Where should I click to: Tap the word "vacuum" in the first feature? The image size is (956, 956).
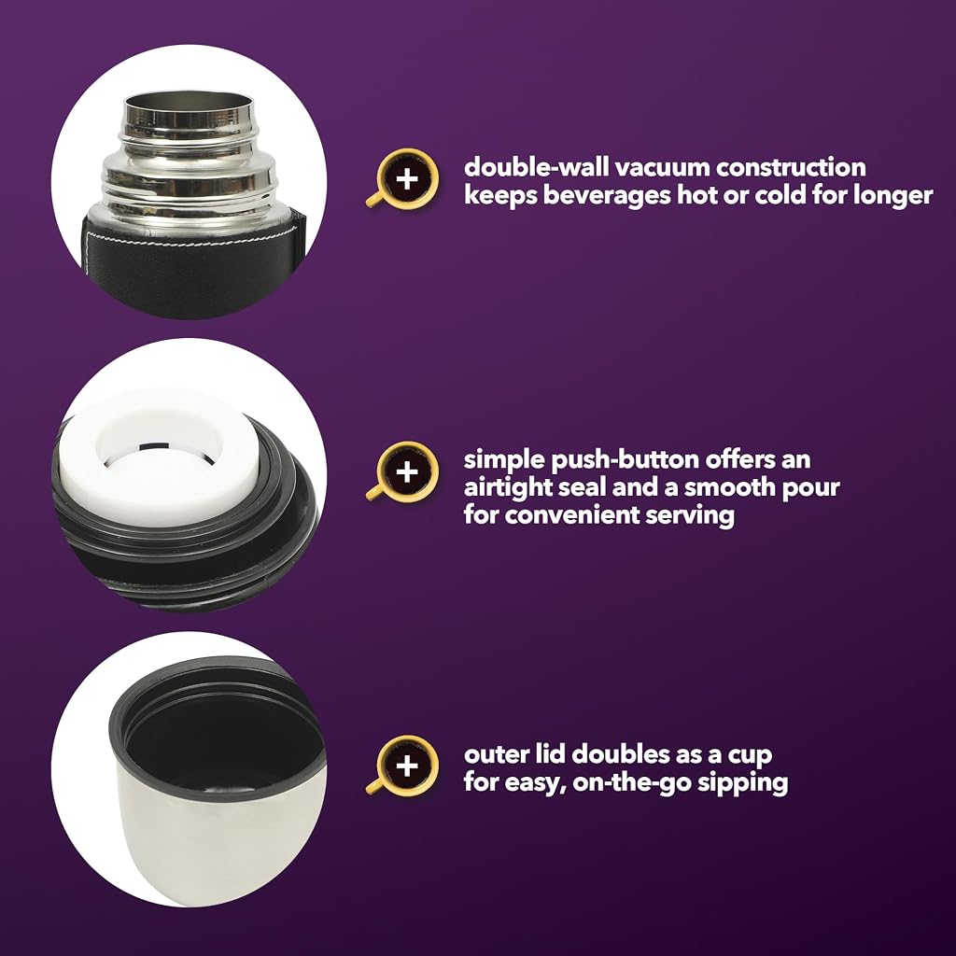click(661, 168)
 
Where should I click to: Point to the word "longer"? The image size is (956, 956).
click(893, 196)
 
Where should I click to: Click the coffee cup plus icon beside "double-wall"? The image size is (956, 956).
click(403, 178)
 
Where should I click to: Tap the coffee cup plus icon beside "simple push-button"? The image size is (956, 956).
click(403, 471)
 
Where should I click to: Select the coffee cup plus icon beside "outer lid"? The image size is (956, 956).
click(403, 766)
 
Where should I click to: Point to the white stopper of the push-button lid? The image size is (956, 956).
click(160, 458)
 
